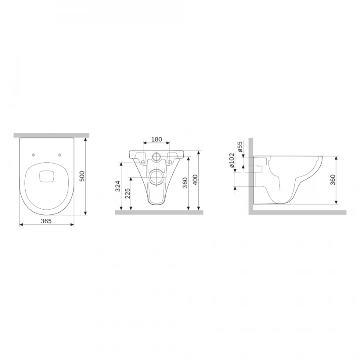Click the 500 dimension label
pyautogui.click(x=82, y=176)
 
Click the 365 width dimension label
pyautogui.click(x=46, y=221)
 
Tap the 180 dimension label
pyautogui.click(x=156, y=139)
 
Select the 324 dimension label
pyautogui.click(x=118, y=186)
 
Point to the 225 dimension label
pyautogui.click(x=128, y=194)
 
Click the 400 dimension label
pyautogui.click(x=195, y=180)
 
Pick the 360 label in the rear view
pyautogui.click(x=185, y=183)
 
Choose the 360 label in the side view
pyautogui.click(x=333, y=180)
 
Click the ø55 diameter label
pyautogui.click(x=240, y=147)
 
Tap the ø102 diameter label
pyautogui.click(x=232, y=160)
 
